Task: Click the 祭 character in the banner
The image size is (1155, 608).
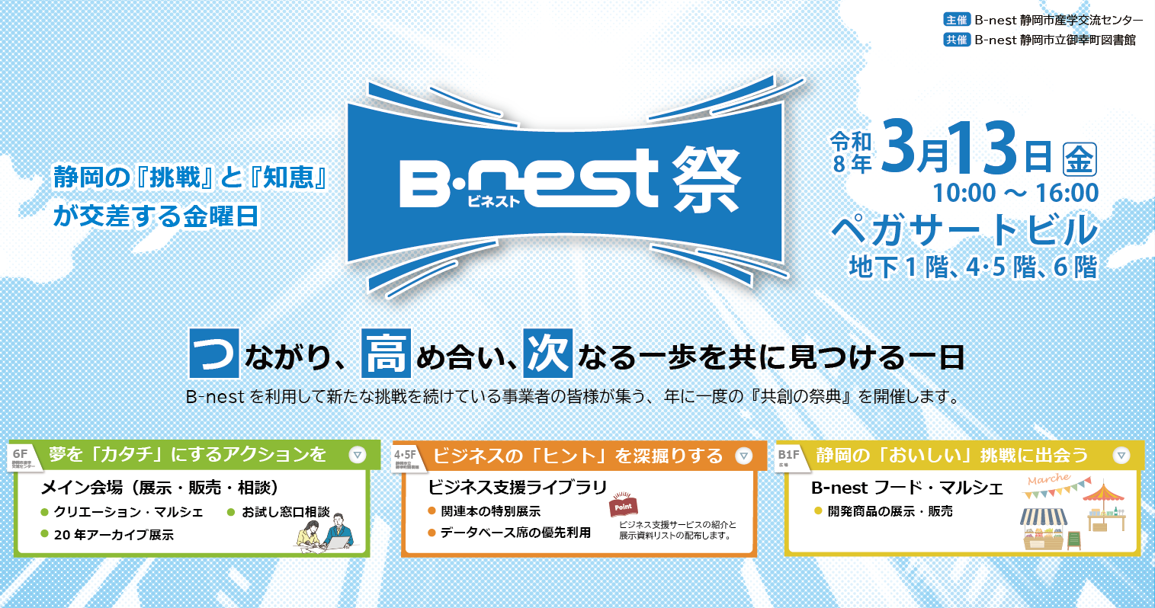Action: (x=706, y=181)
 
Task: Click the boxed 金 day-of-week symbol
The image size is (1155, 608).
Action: (x=1080, y=159)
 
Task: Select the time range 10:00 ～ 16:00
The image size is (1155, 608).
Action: (x=1015, y=194)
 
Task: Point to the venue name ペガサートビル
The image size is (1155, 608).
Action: (x=964, y=230)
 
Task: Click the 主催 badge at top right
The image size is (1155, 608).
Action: (x=957, y=21)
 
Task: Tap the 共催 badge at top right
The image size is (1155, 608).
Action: (x=957, y=40)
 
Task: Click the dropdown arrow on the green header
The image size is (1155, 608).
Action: (x=357, y=456)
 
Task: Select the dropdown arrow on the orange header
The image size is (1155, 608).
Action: (x=744, y=456)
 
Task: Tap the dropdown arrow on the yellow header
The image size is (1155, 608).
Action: (x=1121, y=456)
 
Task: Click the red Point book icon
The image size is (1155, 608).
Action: (x=623, y=506)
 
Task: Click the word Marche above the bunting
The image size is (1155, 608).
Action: (x=1048, y=479)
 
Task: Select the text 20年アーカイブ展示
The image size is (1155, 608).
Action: (x=114, y=535)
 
